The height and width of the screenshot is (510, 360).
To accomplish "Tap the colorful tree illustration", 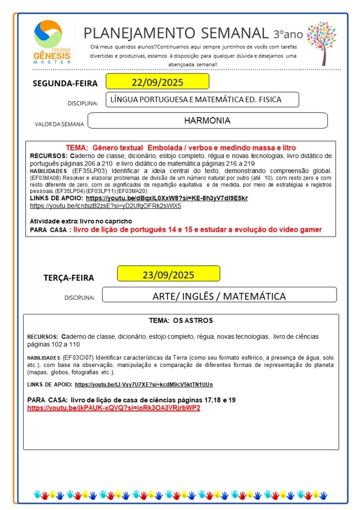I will coord(321,42).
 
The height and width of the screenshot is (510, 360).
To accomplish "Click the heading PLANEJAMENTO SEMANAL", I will coord(176,33).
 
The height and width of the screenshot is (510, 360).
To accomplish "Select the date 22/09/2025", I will coord(157,82).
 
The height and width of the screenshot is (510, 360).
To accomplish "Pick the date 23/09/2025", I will coord(168,275).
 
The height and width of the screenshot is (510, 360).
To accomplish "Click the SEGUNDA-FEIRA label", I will coord(65,83).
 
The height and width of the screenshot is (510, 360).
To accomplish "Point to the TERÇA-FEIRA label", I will coord(68,278).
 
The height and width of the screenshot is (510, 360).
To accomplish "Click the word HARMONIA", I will coord(207,121).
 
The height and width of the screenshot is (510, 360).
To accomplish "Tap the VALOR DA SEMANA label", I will coord(59,124).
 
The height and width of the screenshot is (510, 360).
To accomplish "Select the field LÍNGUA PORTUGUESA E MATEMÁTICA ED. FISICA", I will coord(202,100).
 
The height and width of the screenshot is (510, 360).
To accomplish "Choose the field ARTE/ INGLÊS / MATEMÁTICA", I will coord(219,296).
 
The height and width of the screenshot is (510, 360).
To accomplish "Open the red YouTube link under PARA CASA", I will coord(114,408).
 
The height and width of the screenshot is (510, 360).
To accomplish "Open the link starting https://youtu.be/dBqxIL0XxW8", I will coord(167,198).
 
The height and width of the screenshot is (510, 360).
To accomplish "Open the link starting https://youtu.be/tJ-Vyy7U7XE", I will coord(144,384).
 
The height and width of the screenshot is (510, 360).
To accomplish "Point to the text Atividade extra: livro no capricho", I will coord(81,221).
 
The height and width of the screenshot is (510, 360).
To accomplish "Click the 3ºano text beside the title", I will coord(288,34).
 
